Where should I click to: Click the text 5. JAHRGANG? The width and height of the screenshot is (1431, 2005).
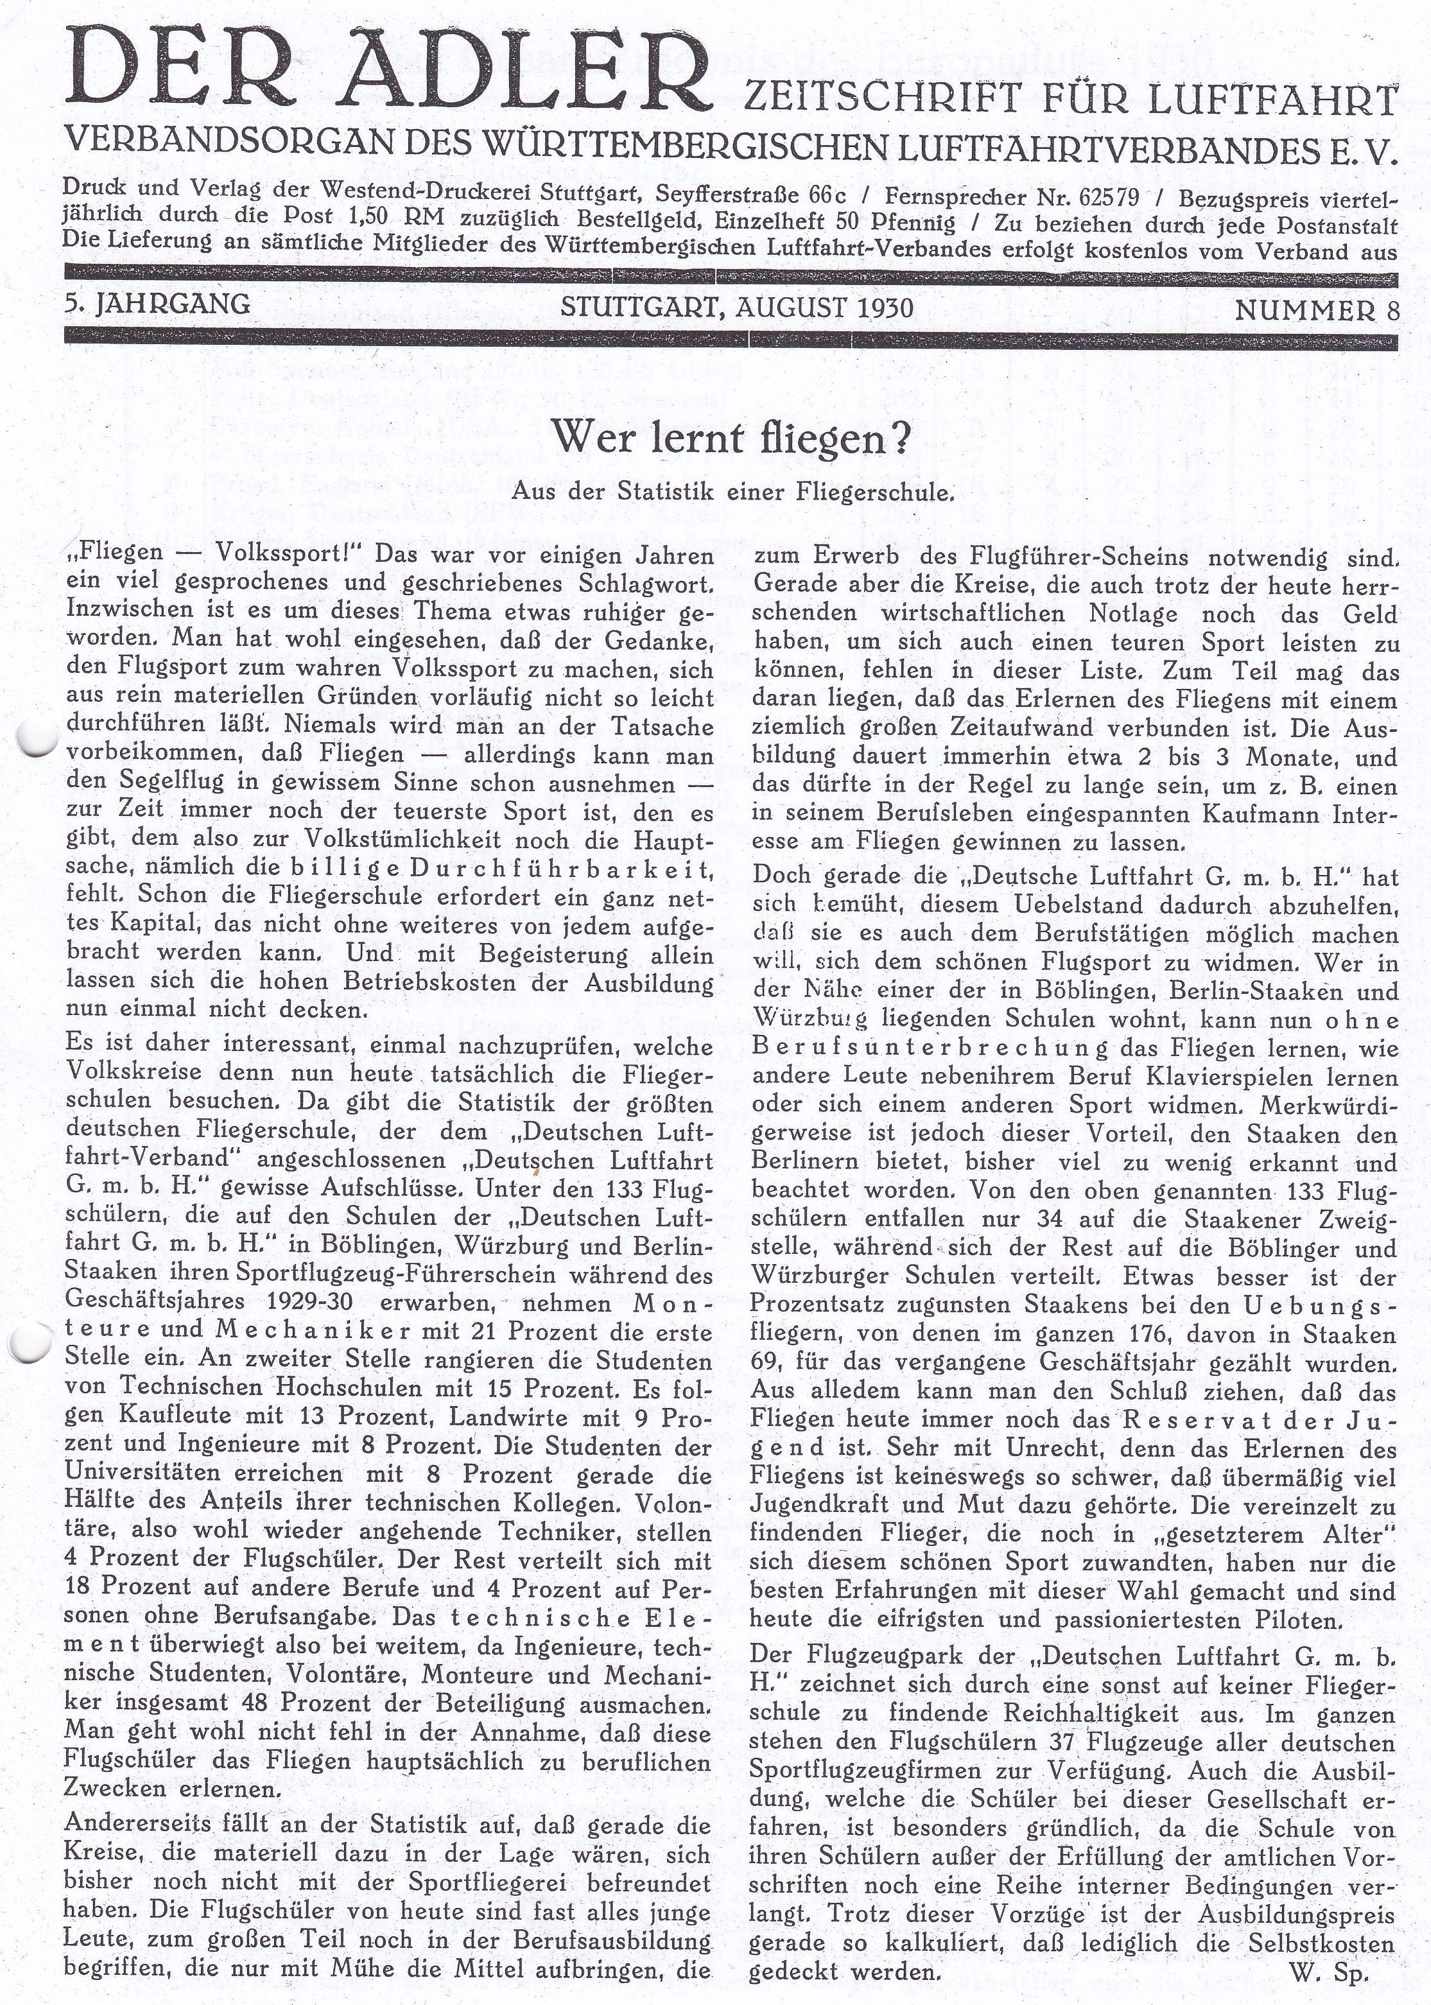pos(157,305)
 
